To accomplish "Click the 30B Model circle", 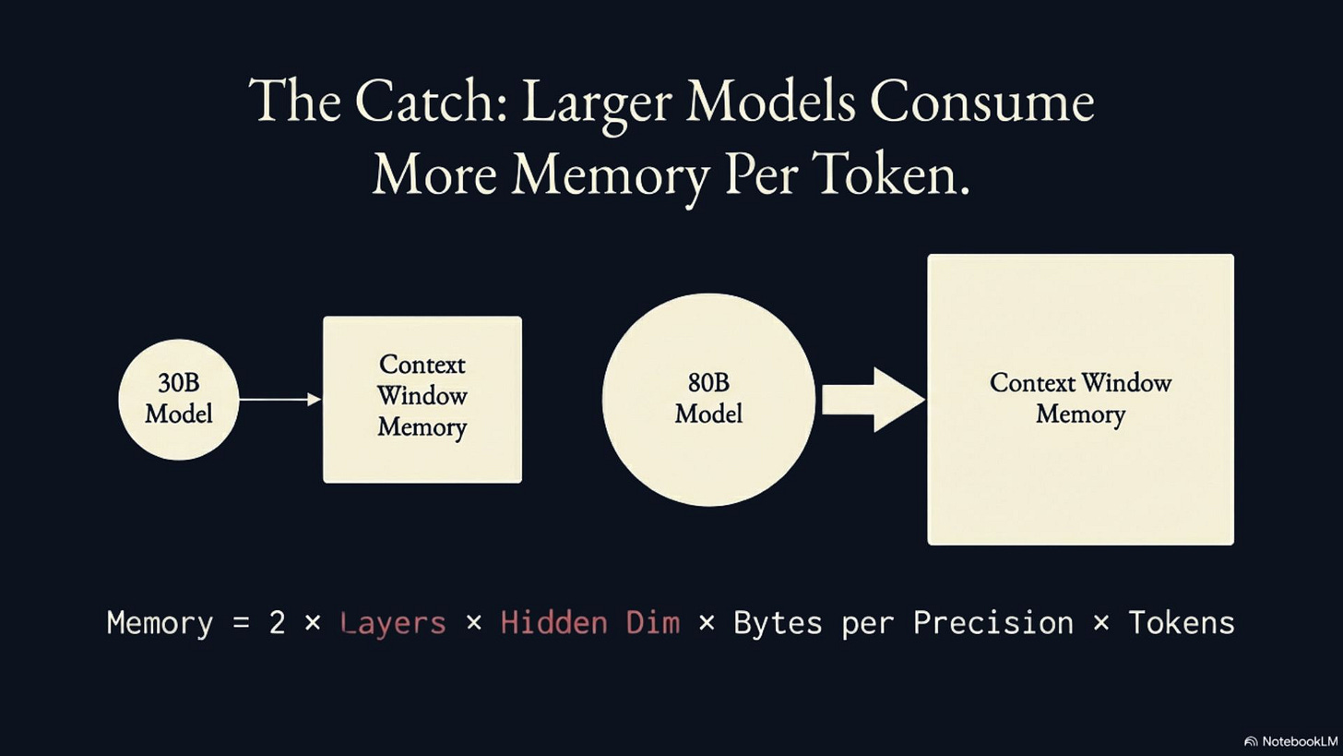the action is [x=179, y=399].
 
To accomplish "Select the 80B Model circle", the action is [x=708, y=399].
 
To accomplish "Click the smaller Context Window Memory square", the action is [x=422, y=399].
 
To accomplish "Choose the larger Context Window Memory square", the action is [x=1080, y=399].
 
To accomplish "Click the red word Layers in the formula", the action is [x=393, y=622].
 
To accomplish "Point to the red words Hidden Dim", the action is [x=589, y=622].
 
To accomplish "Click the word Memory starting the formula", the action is [x=160, y=622].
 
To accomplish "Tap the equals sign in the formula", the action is [x=242, y=622].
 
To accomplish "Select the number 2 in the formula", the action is [x=277, y=622].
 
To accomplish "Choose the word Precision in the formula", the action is [x=993, y=622].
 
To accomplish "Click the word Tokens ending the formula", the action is [x=1182, y=622].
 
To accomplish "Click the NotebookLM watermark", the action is [x=1290, y=741].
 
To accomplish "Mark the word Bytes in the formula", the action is [x=778, y=622].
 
